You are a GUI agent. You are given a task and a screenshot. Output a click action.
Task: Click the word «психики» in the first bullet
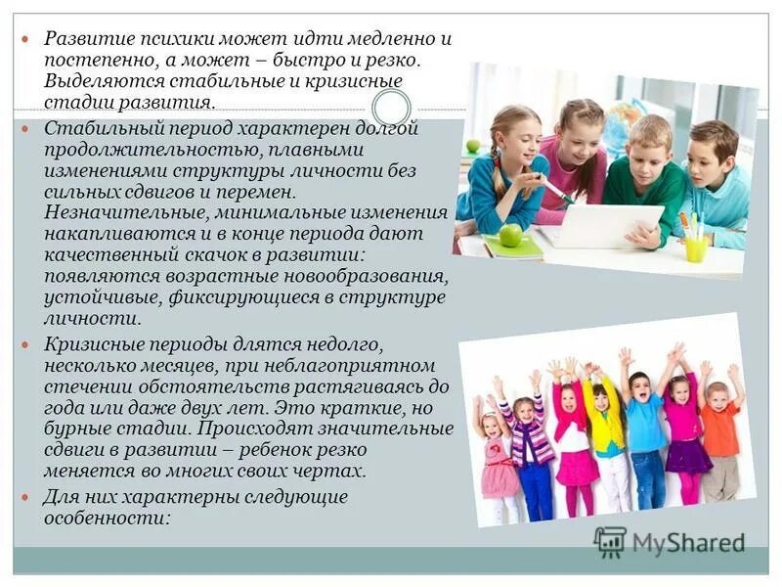[x=171, y=40]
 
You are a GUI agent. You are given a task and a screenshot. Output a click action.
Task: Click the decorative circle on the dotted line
[x=392, y=108]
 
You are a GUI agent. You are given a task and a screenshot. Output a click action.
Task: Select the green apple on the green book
[x=510, y=234]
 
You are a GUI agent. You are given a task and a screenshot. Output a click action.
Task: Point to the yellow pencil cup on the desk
[x=696, y=247]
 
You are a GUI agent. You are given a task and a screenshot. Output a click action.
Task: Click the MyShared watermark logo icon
[x=610, y=541]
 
